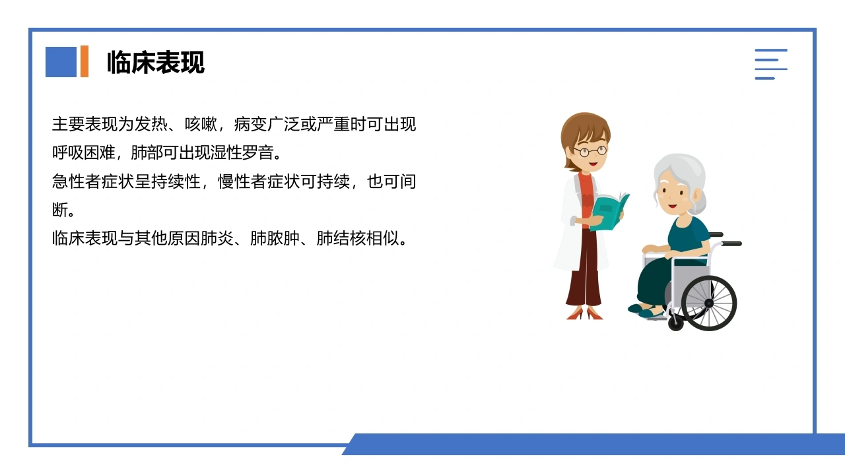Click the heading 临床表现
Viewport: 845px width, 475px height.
(x=156, y=62)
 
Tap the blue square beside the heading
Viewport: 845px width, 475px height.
(x=61, y=62)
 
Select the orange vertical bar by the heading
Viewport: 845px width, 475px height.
(x=84, y=61)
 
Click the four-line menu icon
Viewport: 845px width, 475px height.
(x=770, y=64)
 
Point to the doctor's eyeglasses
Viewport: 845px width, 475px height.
(x=590, y=152)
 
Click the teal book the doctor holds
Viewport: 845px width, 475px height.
(x=609, y=211)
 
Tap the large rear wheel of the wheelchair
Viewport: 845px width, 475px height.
(x=709, y=303)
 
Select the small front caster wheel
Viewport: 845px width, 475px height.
(x=675, y=323)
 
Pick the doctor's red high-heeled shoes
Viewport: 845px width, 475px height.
(x=584, y=313)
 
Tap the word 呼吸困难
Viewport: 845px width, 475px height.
(x=84, y=152)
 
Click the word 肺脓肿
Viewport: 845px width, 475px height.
(x=275, y=238)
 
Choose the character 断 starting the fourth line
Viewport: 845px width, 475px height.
(x=60, y=210)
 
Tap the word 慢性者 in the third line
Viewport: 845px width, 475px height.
(x=242, y=181)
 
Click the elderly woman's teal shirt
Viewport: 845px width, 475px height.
(x=689, y=238)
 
